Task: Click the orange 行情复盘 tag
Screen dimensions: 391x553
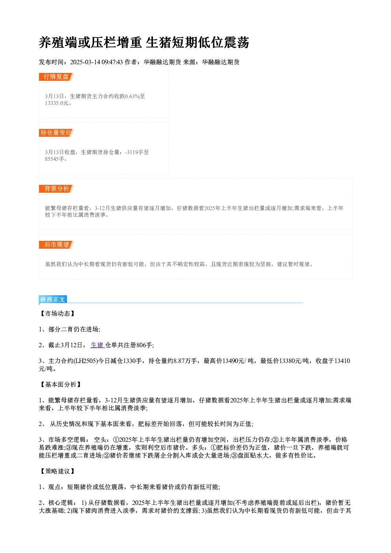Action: [x=56, y=77]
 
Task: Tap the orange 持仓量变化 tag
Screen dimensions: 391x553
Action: [x=56, y=133]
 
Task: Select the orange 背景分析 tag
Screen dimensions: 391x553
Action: [x=56, y=189]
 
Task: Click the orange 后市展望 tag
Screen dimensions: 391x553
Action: [x=56, y=245]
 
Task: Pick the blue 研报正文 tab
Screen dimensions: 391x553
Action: [x=53, y=300]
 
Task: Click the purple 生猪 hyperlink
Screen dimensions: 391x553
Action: [x=98, y=345]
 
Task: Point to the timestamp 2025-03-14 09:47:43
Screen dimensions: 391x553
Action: [x=97, y=62]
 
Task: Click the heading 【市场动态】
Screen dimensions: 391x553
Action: [x=57, y=313]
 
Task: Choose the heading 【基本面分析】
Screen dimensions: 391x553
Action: [x=60, y=384]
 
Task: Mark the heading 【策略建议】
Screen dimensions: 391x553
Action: [x=57, y=471]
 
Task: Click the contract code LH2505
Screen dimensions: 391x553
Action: [x=86, y=361]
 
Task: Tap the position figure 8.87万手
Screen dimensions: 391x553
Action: [x=185, y=361]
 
